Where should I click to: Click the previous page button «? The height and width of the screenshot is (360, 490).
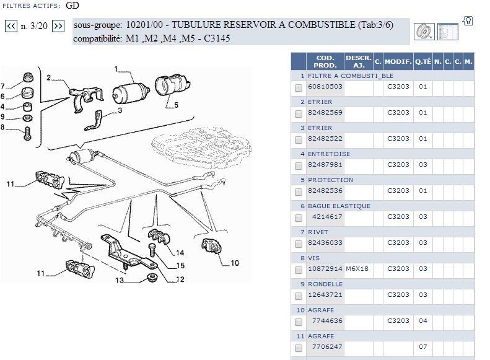click(11, 26)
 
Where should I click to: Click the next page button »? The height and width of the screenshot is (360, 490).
click(58, 26)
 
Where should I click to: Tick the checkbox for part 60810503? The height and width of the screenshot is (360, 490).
click(299, 88)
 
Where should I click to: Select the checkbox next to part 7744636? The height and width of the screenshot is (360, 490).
click(299, 322)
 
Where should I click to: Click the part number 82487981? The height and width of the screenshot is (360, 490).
click(325, 165)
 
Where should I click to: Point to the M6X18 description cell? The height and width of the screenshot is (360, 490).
click(357, 269)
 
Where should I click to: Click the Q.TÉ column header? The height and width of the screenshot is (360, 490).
click(423, 61)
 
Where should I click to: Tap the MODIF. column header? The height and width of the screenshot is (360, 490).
click(398, 61)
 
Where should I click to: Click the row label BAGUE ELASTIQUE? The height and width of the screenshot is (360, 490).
click(339, 206)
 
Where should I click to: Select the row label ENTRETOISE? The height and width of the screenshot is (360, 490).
click(329, 154)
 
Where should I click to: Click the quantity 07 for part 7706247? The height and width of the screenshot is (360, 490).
click(423, 346)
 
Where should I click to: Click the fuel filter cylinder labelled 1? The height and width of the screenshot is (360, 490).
click(131, 92)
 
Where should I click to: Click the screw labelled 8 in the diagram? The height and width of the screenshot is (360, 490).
click(27, 133)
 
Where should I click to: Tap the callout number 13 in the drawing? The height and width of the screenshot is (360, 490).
click(120, 280)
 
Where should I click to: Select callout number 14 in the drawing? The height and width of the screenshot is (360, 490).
click(180, 253)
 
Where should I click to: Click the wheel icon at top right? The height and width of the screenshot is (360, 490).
click(424, 31)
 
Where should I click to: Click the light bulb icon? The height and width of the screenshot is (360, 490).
click(468, 21)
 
